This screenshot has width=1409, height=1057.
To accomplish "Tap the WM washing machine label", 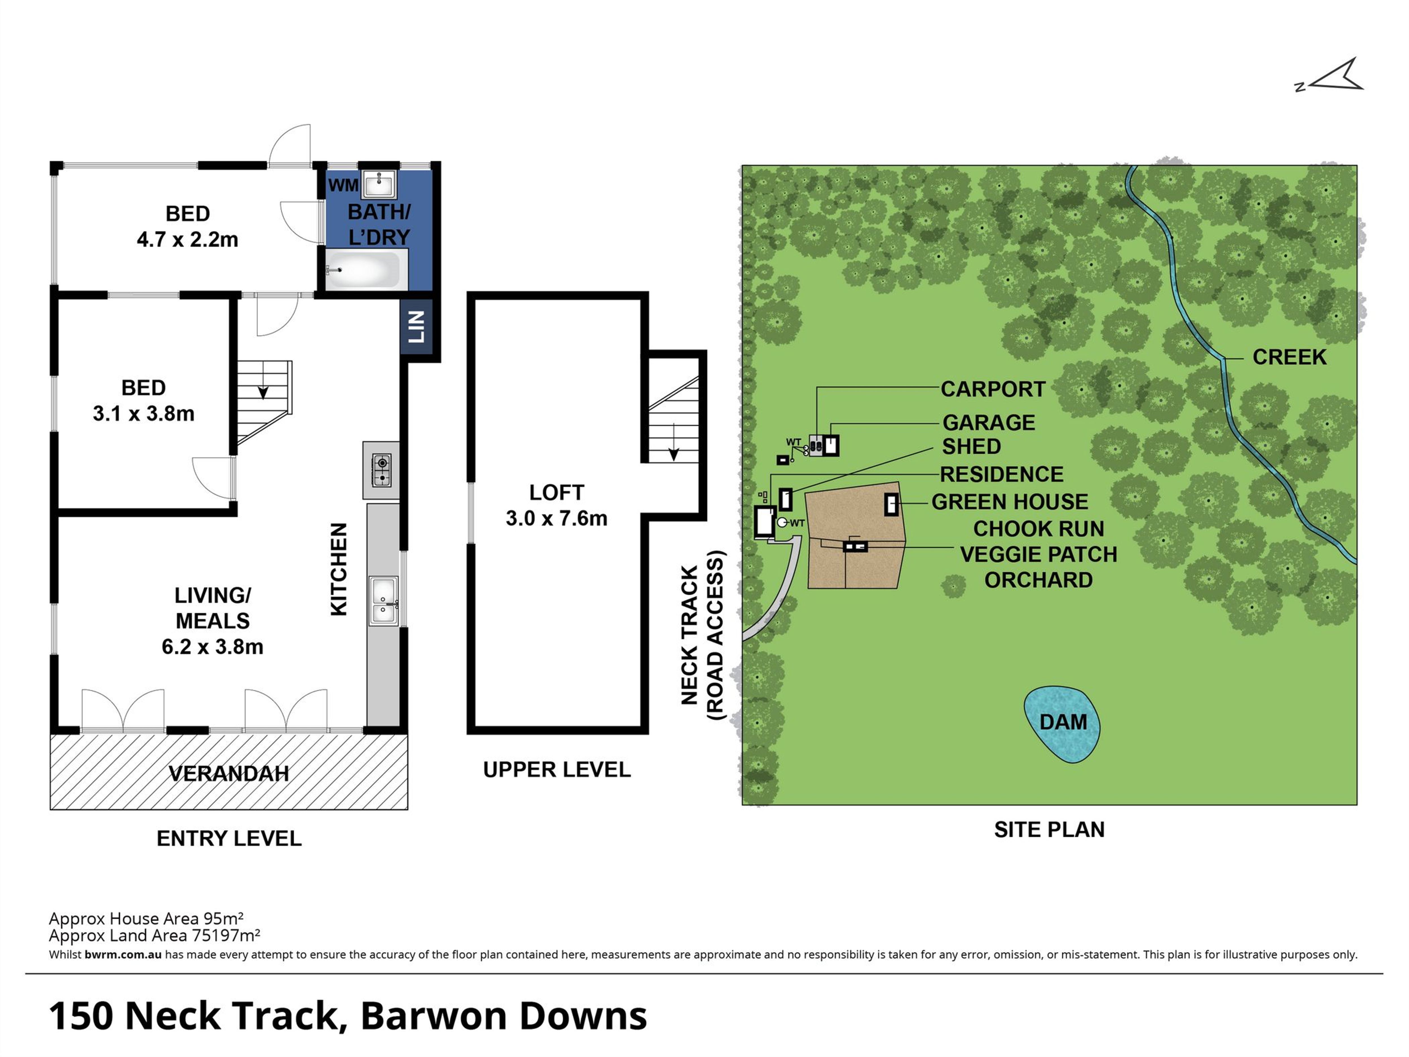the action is [343, 185].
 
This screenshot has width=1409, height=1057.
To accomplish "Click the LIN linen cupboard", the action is [417, 327].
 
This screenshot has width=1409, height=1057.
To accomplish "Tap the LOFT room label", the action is [556, 492].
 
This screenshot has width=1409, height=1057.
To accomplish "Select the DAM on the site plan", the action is [1062, 724].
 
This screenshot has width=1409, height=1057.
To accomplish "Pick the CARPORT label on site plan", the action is [993, 389].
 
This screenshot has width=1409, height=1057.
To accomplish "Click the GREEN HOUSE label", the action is [1010, 502].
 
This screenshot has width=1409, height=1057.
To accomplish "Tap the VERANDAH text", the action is [229, 774].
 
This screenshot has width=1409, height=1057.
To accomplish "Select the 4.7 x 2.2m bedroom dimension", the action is [187, 240].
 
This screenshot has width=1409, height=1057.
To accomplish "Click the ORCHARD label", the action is [1038, 580].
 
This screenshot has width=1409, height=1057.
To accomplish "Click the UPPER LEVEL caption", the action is [557, 769].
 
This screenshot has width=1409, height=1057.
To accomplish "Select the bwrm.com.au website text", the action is [123, 954].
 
